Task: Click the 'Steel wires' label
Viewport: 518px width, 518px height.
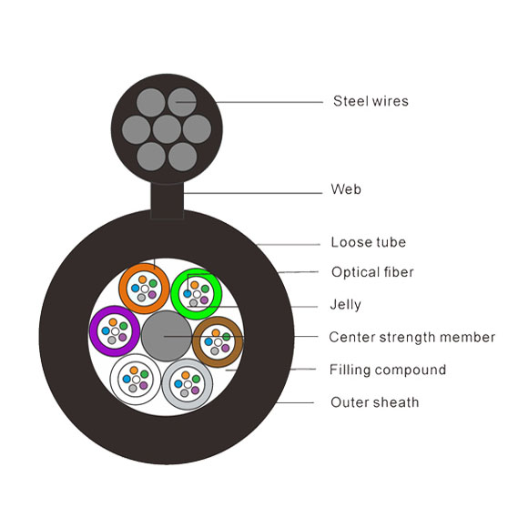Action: [x=371, y=101]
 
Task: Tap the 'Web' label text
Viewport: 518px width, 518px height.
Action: [x=346, y=189]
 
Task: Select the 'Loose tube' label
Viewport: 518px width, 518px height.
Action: [x=369, y=242]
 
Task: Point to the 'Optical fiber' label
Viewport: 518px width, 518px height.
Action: [x=372, y=272]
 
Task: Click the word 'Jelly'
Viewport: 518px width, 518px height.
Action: [x=345, y=305]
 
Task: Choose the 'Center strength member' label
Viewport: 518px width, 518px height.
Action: [x=412, y=338]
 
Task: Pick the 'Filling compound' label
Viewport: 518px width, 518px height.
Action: [x=388, y=370]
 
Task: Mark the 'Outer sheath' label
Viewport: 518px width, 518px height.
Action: [x=375, y=402]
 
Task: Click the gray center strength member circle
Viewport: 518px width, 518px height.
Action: [x=167, y=336]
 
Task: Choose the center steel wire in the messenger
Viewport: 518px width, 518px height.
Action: [x=167, y=129]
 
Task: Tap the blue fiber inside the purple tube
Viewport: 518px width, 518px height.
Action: [x=106, y=330]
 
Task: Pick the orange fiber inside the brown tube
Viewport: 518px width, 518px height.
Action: [x=216, y=333]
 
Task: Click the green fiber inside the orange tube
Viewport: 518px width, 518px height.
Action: [x=153, y=283]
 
